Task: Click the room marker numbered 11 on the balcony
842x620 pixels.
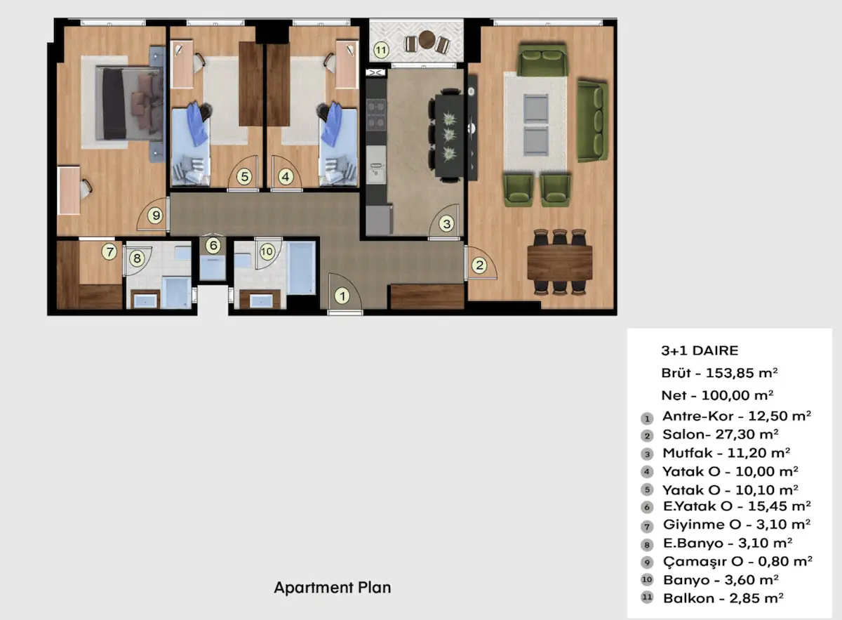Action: [381, 50]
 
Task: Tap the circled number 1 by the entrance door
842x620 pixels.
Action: [342, 296]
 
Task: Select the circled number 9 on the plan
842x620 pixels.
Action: [156, 216]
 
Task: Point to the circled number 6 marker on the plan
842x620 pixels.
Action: [213, 245]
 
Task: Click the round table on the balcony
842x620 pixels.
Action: [427, 39]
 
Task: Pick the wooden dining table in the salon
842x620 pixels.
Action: [560, 262]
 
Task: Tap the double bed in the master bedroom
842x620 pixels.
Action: [130, 103]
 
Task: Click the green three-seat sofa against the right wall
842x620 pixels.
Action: [592, 121]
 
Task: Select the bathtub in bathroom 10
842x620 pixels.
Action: [302, 268]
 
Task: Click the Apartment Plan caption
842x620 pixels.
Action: [333, 587]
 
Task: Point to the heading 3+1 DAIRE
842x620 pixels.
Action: [700, 350]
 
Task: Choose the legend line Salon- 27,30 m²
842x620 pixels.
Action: [720, 434]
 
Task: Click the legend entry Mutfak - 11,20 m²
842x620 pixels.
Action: [726, 453]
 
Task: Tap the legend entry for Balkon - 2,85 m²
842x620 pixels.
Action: [723, 598]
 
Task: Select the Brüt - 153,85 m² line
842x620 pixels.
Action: [719, 373]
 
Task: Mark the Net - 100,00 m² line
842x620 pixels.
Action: [717, 395]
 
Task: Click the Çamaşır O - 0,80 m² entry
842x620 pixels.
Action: [737, 561]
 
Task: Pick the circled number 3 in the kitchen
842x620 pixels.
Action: [446, 224]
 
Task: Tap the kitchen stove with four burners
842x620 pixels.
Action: [376, 114]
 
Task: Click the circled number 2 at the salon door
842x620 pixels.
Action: [479, 265]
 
